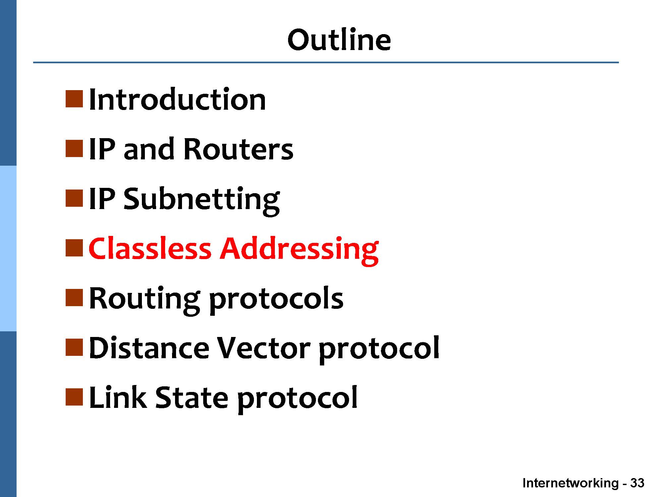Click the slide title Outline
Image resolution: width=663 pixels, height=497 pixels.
click(339, 40)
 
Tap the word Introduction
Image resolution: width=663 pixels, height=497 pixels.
click(177, 99)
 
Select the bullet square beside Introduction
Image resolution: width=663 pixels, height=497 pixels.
click(74, 99)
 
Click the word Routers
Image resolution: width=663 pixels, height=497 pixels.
click(238, 149)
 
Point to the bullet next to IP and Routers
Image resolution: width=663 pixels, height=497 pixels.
click(74, 149)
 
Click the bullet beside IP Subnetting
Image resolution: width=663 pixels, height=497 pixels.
click(74, 198)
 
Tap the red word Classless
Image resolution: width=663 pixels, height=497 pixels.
click(150, 248)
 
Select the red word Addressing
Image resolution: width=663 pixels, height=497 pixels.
click(299, 250)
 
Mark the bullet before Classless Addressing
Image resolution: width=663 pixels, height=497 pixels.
click(74, 248)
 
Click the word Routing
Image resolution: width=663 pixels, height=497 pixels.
click(145, 300)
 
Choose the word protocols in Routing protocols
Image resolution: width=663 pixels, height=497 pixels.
click(276, 300)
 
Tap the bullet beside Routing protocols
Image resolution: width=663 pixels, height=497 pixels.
click(74, 298)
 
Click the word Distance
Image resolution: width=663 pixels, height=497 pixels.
click(149, 348)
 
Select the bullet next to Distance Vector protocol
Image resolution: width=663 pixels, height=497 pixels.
click(74, 348)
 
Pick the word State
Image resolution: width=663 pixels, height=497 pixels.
click(192, 398)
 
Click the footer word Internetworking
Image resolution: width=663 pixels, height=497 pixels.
click(571, 483)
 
